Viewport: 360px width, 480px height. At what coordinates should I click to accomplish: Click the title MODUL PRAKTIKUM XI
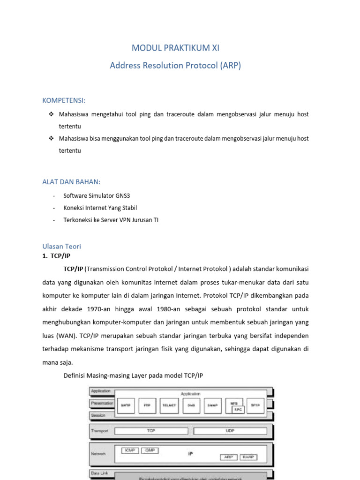click(175, 48)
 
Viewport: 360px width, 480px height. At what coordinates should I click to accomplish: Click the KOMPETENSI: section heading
click(64, 101)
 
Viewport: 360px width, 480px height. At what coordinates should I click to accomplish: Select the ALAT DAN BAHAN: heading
click(71, 182)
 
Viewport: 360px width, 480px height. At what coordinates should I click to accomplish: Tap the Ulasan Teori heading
click(61, 246)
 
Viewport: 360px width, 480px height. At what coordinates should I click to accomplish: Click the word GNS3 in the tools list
click(132, 195)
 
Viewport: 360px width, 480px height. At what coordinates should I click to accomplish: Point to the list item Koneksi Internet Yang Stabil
click(100, 208)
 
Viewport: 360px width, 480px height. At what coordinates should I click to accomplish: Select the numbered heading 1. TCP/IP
click(57, 256)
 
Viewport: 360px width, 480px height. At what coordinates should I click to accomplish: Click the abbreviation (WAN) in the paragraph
click(67, 337)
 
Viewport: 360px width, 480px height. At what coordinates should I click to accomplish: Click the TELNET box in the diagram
click(169, 405)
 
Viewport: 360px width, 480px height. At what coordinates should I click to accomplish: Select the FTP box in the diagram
click(147, 405)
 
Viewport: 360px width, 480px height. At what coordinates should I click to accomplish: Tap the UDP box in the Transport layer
click(230, 430)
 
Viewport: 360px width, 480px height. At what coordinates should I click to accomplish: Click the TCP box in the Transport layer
click(151, 430)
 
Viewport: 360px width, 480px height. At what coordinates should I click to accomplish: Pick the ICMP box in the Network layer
click(129, 450)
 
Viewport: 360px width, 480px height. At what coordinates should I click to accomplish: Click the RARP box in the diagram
click(248, 457)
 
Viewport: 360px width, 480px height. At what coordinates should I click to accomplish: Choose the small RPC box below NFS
click(238, 409)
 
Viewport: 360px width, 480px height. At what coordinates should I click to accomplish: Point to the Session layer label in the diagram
click(99, 415)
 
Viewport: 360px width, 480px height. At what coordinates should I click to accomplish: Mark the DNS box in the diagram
click(190, 405)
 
